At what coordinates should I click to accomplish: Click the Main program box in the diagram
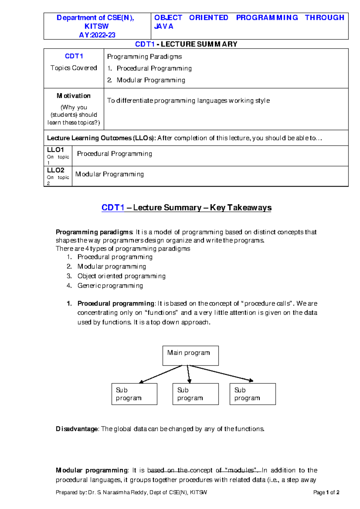coord(190,356)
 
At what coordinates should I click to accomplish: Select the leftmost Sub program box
coord(134,394)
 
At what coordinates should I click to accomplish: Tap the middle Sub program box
coord(195,394)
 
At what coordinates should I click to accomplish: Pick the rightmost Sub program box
coord(252,394)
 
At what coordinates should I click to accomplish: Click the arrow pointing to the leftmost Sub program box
coord(160,374)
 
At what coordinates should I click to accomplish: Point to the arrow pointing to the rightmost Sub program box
coord(222,373)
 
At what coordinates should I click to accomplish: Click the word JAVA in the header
coord(163,26)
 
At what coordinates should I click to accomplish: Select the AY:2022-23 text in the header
coord(97,35)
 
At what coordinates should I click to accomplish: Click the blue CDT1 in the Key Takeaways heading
coord(113,207)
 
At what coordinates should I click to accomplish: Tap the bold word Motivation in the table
coord(73,96)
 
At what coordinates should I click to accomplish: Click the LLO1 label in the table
coord(55,150)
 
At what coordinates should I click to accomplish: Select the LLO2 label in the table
coord(55,170)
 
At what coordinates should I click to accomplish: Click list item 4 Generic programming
coord(110,286)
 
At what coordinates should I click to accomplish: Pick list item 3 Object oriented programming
coord(121,276)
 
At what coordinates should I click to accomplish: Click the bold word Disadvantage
coord(77,429)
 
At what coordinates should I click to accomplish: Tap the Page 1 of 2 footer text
coord(326,492)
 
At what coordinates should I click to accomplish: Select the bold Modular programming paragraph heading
coord(92,470)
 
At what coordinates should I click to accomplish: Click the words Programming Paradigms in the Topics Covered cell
coord(144,57)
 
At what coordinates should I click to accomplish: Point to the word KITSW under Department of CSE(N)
coord(96,26)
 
